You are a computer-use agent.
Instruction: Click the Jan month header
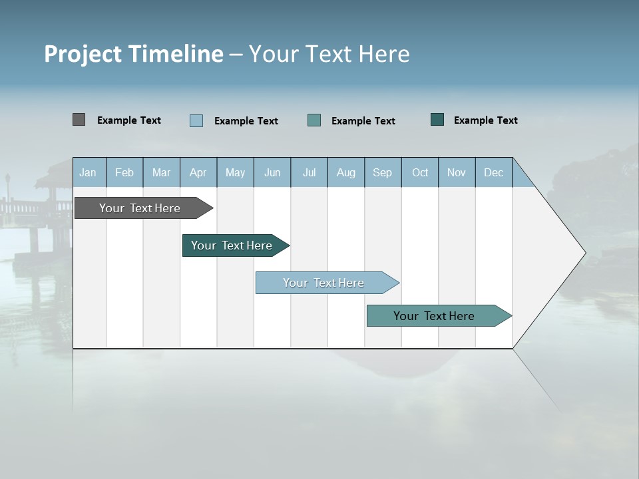[x=89, y=172]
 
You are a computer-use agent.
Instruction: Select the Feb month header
[x=124, y=172]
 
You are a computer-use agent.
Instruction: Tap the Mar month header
[x=161, y=172]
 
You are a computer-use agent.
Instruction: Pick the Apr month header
[x=198, y=172]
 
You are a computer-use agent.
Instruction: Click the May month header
[x=235, y=172]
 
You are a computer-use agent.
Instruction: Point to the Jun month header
[x=272, y=172]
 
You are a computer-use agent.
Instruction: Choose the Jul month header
[x=309, y=172]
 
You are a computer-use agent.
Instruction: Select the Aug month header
[x=346, y=172]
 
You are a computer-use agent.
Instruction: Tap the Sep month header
[x=383, y=172]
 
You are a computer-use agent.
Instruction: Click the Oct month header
[x=420, y=172]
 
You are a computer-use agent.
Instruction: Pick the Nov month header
[x=457, y=172]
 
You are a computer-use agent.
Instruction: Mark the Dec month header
[x=494, y=172]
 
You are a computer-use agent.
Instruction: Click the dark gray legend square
[x=79, y=120]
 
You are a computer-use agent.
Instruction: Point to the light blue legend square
[x=196, y=120]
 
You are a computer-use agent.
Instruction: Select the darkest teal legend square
[x=437, y=120]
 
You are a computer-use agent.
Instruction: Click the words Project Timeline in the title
[x=134, y=54]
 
